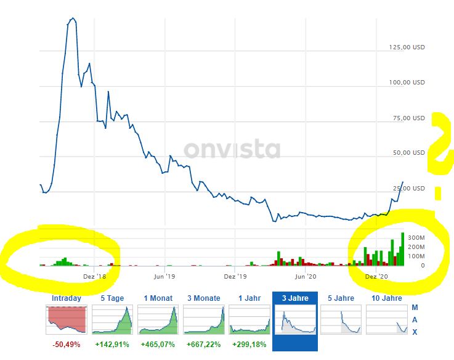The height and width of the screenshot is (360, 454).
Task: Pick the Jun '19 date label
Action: [x=164, y=277]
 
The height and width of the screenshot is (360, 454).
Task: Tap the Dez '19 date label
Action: [x=235, y=277]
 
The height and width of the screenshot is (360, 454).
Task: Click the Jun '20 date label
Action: [x=306, y=277]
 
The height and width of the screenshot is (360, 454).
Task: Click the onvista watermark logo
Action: [x=232, y=149]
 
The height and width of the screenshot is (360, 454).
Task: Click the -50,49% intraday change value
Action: [x=66, y=344]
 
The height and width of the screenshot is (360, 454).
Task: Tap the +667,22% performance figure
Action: [x=203, y=344]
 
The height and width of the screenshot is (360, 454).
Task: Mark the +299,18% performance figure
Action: [x=249, y=344]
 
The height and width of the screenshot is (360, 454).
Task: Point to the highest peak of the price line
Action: [x=73, y=18]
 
